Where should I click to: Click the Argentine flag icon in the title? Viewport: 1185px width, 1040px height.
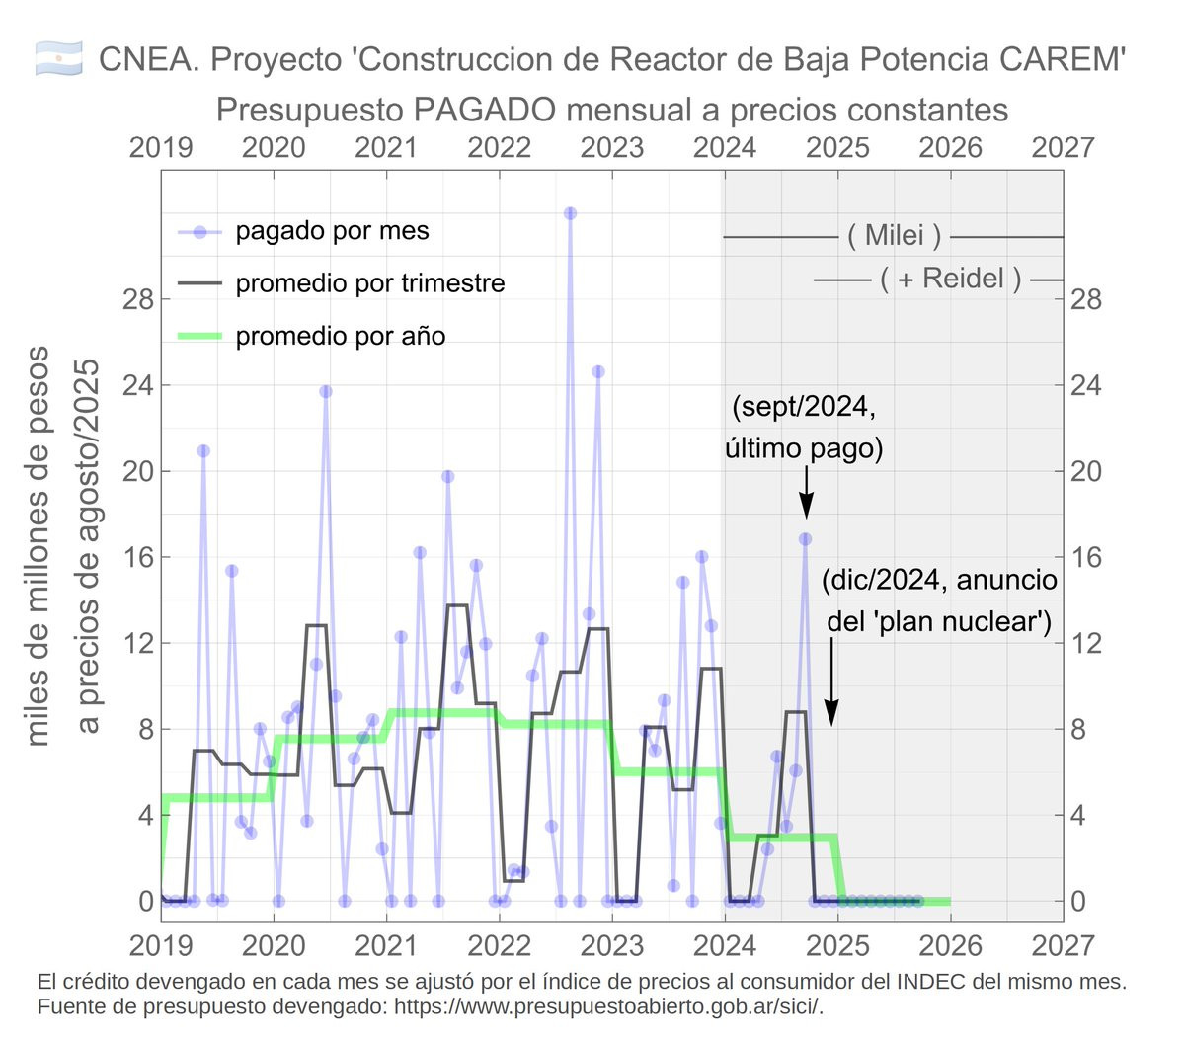click(x=57, y=59)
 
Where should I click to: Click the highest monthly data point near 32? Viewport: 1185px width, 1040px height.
click(x=570, y=213)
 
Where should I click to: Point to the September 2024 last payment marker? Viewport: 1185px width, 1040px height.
click(x=806, y=539)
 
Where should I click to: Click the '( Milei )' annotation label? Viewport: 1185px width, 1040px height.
click(x=894, y=236)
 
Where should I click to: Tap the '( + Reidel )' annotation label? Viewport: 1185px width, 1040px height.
click(x=950, y=280)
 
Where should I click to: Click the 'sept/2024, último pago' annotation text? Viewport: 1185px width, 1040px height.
click(x=804, y=428)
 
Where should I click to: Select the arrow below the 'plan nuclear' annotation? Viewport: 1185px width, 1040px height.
click(x=832, y=681)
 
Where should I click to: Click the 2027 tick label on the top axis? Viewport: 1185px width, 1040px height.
click(x=1063, y=147)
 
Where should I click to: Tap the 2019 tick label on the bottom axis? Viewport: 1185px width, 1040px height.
click(x=161, y=945)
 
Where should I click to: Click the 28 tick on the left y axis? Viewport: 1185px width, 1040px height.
click(x=138, y=299)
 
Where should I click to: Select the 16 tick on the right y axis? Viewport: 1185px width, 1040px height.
click(x=1086, y=557)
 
